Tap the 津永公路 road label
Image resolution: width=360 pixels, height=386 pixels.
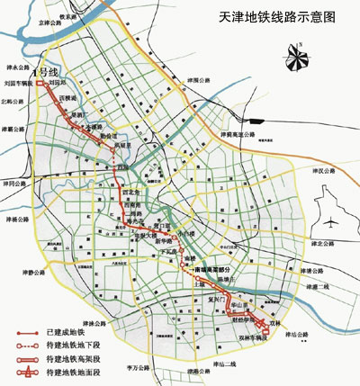[x=17, y=65]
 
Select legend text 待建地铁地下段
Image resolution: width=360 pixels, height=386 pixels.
[x=68, y=346]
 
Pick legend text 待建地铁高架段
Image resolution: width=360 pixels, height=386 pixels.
[x=68, y=358]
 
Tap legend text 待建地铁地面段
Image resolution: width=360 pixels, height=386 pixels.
[x=68, y=371]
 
